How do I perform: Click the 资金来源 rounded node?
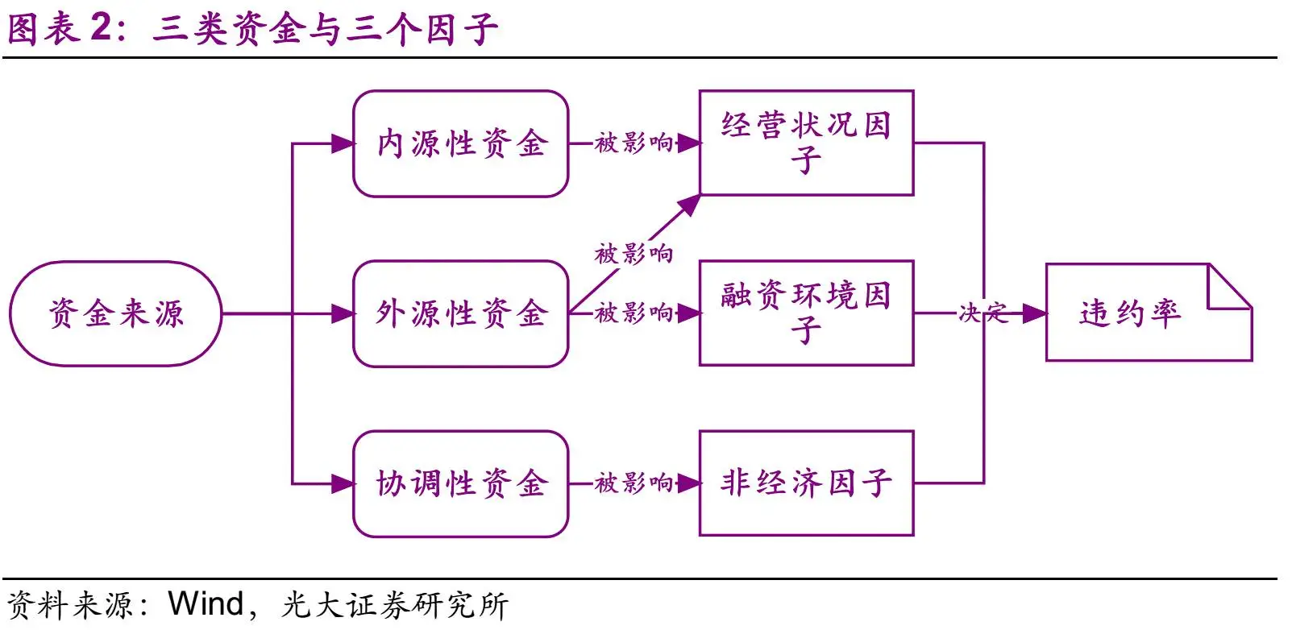pos(115,313)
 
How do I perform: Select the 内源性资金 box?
pos(461,143)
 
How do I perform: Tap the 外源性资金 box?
pos(461,313)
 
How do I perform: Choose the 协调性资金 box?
pos(461,483)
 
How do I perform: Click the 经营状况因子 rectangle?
pos(806,143)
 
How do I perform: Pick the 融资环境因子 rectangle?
pos(806,313)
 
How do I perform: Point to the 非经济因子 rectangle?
pos(806,483)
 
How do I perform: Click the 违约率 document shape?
pos(1149,313)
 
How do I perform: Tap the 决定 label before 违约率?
pos(983,313)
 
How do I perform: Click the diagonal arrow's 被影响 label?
pos(634,254)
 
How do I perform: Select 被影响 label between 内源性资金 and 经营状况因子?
pos(634,143)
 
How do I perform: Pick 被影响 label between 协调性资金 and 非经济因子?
pos(634,483)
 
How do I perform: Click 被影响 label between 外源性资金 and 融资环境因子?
pos(634,313)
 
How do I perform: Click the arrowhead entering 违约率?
pos(1034,313)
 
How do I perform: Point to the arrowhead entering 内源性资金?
pos(343,143)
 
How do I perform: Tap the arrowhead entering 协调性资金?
pos(343,483)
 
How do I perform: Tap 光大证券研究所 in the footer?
pos(395,605)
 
